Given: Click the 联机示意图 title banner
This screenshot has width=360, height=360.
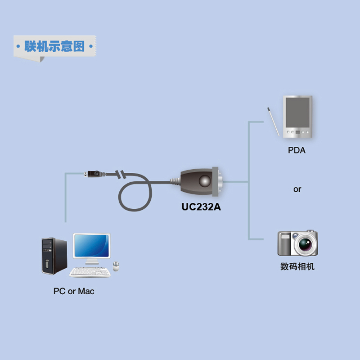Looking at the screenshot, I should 54,47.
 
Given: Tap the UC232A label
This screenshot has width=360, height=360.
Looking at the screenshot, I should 201,207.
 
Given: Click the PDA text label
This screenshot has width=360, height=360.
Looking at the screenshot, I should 297,150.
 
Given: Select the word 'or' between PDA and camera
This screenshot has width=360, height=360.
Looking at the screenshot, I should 297,189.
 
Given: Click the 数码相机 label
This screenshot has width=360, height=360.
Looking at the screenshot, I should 297,266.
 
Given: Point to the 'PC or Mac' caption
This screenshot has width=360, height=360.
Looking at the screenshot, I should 74,291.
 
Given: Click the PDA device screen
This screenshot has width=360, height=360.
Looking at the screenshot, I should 297,112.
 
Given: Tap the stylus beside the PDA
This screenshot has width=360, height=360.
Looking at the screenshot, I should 272,120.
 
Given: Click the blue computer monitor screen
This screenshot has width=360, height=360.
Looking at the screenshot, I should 92,246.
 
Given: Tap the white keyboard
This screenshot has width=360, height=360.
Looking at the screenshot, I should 90,272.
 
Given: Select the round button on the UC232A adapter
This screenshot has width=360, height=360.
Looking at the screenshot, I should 204,181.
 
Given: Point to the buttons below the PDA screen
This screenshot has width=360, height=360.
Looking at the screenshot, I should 297,132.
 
